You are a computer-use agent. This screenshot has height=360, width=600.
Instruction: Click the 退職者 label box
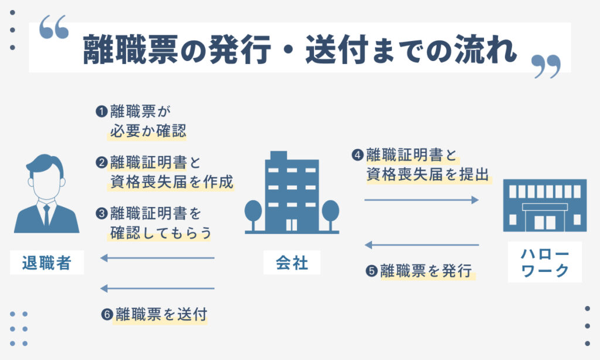pos(47,263)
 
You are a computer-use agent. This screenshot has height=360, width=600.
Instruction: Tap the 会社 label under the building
pos(292,263)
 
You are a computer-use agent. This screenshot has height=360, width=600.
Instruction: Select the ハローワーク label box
pos(545,262)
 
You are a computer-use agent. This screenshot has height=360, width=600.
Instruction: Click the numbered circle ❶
pos(101,111)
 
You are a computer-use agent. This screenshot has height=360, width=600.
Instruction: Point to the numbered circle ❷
pos(101,162)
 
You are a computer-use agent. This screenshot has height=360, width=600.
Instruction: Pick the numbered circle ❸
pos(101,213)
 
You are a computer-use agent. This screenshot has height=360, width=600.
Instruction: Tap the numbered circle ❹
pos(357,155)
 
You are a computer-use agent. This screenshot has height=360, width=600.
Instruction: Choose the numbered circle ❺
pos(371,271)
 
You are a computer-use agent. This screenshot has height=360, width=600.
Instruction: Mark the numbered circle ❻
pos(107,314)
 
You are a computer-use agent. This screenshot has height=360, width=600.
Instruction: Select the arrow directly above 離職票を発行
pos(422,245)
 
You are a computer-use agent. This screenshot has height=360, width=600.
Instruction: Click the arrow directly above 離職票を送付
pos(157,288)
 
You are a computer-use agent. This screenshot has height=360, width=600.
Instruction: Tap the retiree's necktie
pos(46,215)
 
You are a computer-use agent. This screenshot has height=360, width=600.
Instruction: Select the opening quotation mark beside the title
pos(54,27)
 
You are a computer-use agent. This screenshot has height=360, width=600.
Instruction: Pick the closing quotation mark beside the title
pos(547,67)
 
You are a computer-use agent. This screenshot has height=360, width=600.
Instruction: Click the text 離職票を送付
pos(161,314)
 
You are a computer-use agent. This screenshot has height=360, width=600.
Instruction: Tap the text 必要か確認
pos(148,131)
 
